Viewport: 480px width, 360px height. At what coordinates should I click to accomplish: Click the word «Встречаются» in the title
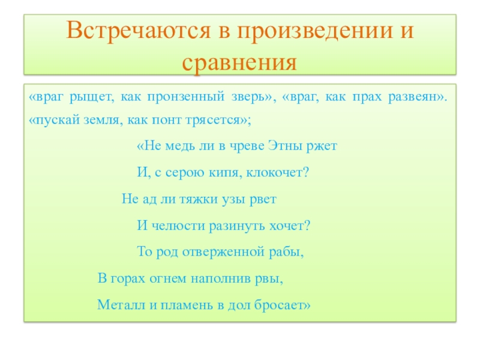139,31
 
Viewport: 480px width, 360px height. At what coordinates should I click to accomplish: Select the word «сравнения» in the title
239,64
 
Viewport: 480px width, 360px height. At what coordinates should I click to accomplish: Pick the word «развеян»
413,97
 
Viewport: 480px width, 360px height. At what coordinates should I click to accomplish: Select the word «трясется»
214,121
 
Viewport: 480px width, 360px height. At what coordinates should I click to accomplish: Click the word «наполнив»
221,279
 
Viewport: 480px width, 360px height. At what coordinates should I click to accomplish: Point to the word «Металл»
121,305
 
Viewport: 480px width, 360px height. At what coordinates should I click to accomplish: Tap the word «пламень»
187,305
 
